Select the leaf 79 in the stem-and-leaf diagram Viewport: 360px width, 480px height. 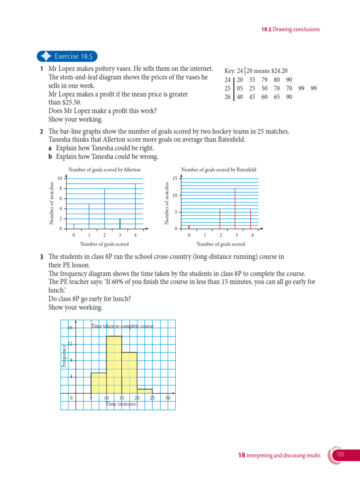pyautogui.click(x=265, y=80)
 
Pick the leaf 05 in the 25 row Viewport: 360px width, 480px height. pyautogui.click(x=240, y=89)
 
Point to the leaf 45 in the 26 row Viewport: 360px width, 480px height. pyautogui.click(x=252, y=97)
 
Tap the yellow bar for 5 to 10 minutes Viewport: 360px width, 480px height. pyautogui.click(x=98, y=383)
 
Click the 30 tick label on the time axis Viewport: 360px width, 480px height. pyautogui.click(x=168, y=398)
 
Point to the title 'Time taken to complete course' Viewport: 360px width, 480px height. pyautogui.click(x=122, y=325)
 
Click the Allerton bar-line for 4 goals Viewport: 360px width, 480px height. pyautogui.click(x=135, y=206)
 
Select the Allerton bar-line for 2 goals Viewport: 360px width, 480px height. pyautogui.click(x=105, y=209)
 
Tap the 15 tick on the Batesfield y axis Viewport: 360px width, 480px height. pyautogui.click(x=174, y=178)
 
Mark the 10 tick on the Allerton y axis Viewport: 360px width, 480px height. pyautogui.click(x=60, y=178)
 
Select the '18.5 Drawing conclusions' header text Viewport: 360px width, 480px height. pyautogui.click(x=291, y=29)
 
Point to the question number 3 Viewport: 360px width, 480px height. pyautogui.click(x=42, y=257)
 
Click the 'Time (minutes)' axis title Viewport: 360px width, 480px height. pyautogui.click(x=121, y=404)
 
